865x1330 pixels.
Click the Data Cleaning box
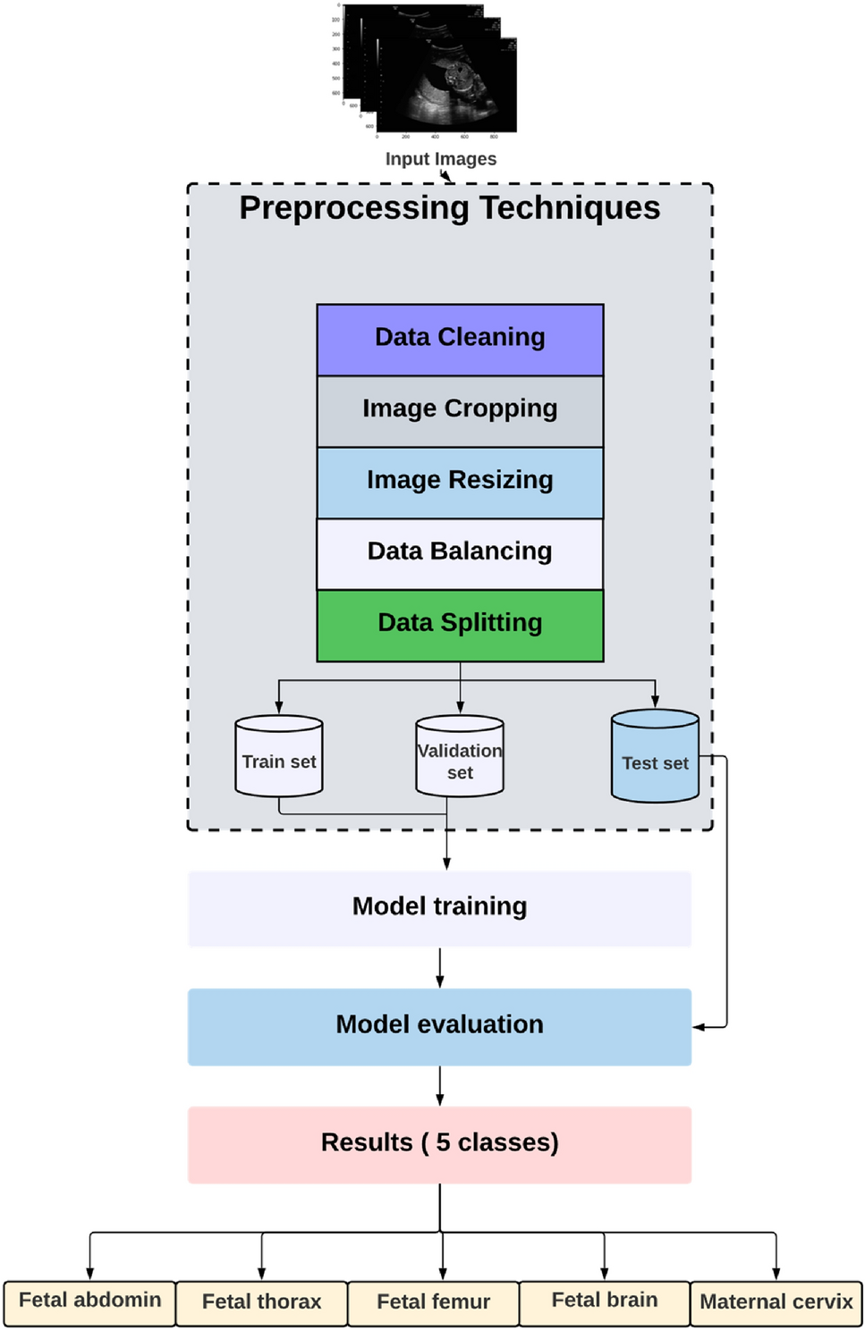(460, 339)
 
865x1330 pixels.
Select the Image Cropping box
(460, 410)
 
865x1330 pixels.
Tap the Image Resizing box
(460, 482)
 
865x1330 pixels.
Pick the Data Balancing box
(460, 553)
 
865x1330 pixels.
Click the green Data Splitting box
(460, 625)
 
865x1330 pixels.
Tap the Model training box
(439, 907)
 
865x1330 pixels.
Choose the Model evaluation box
(439, 1026)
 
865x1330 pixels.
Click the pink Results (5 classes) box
(439, 1144)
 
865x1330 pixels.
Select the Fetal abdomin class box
(89, 1302)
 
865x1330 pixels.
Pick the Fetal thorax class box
(261, 1302)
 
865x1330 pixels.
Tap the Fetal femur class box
(433, 1302)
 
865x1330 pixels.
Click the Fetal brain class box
(605, 1302)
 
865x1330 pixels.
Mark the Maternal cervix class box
(776, 1302)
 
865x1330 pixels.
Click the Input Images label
(440, 159)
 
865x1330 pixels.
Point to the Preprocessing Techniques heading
(449, 208)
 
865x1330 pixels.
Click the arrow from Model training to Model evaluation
(439, 967)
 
